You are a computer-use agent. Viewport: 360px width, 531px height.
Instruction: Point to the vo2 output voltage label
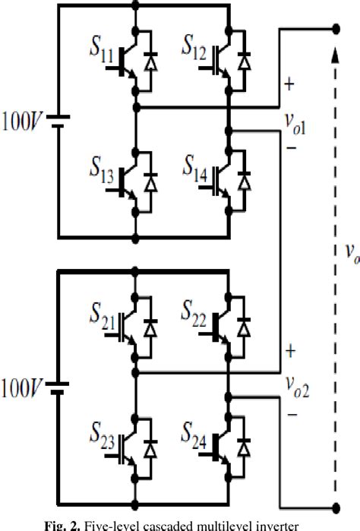tap(296, 393)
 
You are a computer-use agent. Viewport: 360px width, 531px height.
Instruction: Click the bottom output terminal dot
tap(336, 506)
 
